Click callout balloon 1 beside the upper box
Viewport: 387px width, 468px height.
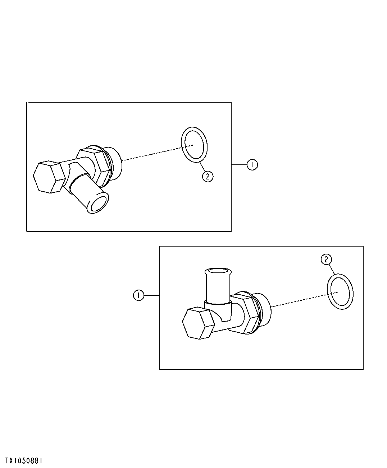252,165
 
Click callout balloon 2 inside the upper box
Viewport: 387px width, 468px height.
208,177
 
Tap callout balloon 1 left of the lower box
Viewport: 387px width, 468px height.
138,295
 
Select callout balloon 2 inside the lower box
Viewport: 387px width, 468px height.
326,259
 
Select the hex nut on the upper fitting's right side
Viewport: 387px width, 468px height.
94,166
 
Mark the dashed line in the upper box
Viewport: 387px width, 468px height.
158,153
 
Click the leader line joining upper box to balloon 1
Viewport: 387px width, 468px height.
239,165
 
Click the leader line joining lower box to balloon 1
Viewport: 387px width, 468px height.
152,295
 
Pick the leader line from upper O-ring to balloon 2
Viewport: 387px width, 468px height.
202,167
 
